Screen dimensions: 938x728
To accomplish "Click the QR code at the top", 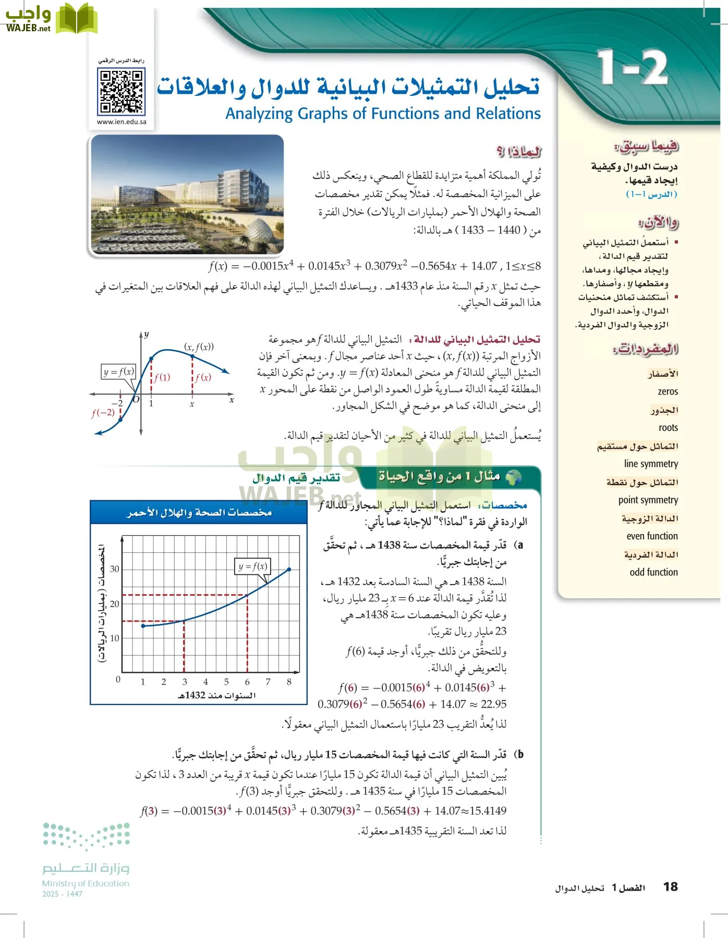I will click(122, 92).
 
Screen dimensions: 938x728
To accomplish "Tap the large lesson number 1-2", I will click(632, 68).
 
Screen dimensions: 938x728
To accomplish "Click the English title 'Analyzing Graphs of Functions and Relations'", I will click(383, 114).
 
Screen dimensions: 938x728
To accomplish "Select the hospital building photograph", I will click(187, 194).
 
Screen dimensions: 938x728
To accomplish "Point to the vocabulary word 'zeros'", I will click(668, 391).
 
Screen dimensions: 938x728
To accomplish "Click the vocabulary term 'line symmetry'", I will click(651, 464).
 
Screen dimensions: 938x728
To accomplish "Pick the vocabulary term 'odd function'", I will click(653, 572).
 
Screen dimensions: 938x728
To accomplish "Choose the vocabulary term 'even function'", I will click(652, 536).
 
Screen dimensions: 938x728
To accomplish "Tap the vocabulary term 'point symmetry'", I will click(648, 500).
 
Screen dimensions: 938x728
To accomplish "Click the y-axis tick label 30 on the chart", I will click(115, 569).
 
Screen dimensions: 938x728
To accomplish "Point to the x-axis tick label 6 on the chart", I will click(247, 682).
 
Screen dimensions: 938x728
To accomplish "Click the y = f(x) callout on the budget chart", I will click(253, 566).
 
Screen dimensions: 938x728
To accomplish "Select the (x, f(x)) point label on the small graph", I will click(199, 347).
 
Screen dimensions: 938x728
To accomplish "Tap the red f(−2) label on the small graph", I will click(103, 413).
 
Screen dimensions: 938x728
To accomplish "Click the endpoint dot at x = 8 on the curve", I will click(289, 570).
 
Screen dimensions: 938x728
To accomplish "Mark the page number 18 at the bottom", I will click(670, 887).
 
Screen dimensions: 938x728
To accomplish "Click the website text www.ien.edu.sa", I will click(122, 122).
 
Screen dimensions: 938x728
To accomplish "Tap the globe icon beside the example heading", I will click(514, 477).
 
